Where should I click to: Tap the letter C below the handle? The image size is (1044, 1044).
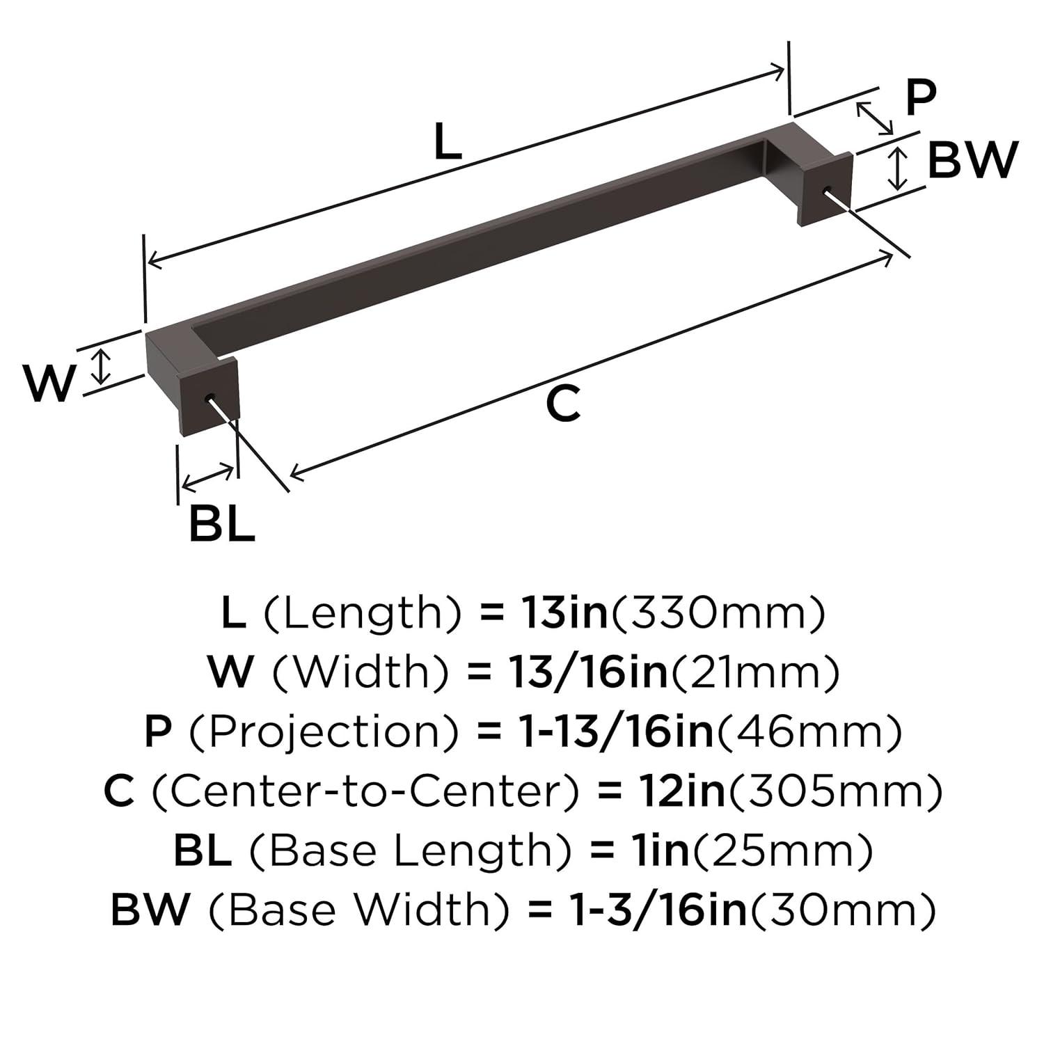562,404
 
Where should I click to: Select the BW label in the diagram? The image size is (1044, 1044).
972,160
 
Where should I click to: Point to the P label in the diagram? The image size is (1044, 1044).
920,97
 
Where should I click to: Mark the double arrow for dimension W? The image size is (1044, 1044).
102,367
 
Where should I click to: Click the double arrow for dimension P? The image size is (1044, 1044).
874,118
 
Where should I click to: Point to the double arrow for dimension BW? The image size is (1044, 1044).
899,168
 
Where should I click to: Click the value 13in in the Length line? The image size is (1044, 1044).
564,613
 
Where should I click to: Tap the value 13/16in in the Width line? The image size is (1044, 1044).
583,672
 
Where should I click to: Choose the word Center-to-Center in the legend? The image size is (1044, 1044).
365,791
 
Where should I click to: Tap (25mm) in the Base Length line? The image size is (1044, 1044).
781,851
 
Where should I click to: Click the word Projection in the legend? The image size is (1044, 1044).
324,732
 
